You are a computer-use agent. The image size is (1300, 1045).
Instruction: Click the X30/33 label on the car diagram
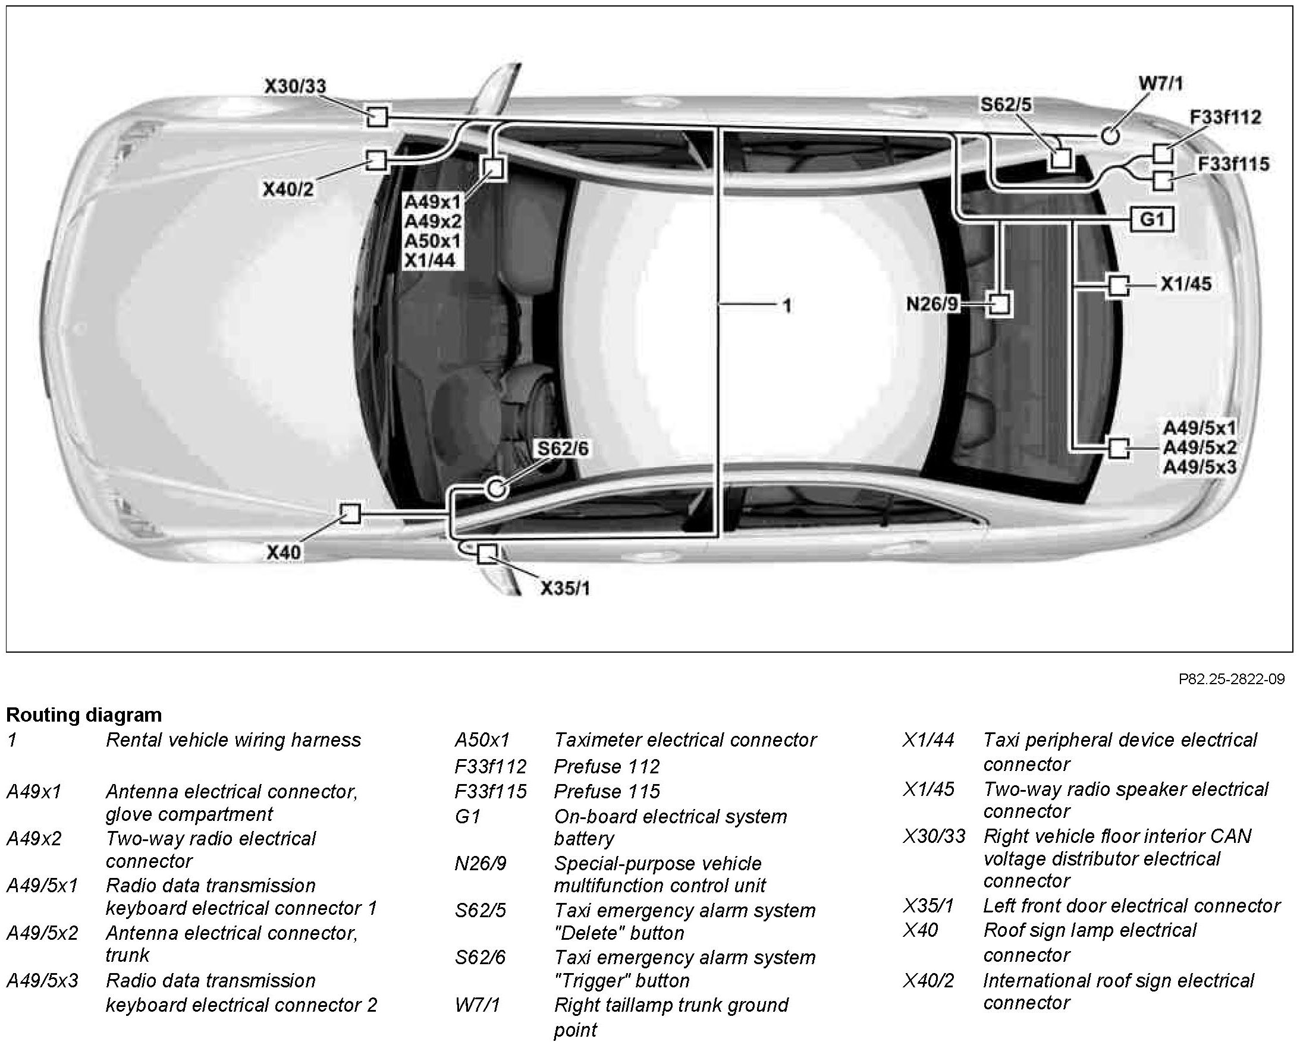coord(295,86)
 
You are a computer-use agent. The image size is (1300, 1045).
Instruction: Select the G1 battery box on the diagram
coord(1152,219)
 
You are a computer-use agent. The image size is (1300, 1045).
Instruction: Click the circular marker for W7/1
coord(1110,136)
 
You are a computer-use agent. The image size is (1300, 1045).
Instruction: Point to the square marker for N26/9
coord(1000,303)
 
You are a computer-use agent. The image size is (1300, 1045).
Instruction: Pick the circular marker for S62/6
coord(496,489)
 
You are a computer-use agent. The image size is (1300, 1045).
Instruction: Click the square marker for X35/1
coord(486,553)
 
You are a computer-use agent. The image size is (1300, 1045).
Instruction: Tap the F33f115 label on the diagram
coord(1233,164)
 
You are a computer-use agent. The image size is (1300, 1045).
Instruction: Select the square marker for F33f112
coord(1163,154)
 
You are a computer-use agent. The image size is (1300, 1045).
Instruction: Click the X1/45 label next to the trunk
coord(1185,284)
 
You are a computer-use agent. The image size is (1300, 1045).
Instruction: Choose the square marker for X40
coord(350,514)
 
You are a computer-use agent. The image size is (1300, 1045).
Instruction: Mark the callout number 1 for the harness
coord(786,307)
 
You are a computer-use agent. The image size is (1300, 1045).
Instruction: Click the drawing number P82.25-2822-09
coord(1231,679)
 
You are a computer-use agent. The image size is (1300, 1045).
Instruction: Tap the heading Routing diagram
coord(84,715)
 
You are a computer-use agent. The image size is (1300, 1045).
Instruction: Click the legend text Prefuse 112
coord(607,766)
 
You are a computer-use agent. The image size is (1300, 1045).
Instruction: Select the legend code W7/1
coord(477,1005)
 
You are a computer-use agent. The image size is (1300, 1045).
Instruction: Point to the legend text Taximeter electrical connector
coord(685,740)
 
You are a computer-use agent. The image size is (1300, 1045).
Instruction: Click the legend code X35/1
coord(928,906)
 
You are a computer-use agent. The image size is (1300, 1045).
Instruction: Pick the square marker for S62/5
coord(1060,159)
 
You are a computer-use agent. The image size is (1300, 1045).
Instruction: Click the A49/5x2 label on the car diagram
coord(1199,448)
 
